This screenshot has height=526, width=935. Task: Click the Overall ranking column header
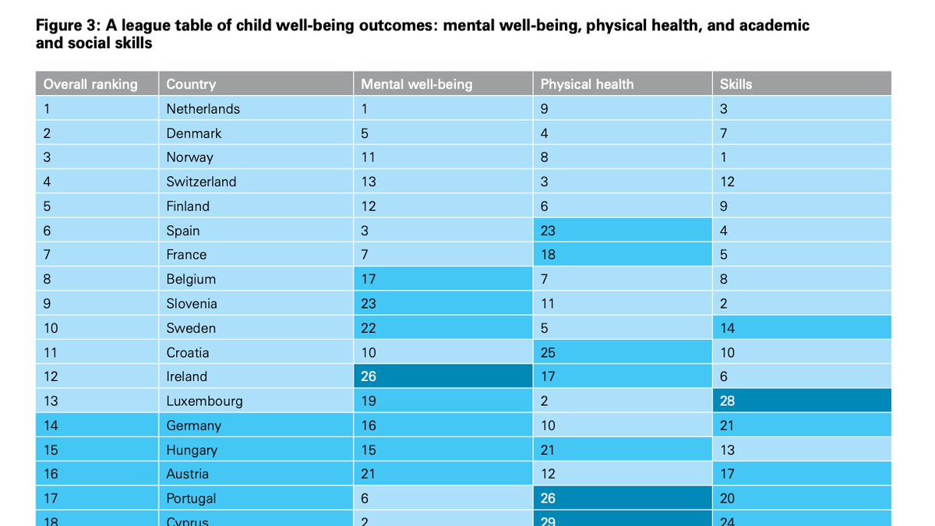90,84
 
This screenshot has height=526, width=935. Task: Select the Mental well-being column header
416,84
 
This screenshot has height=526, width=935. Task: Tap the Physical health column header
587,84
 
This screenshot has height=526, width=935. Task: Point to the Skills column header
736,84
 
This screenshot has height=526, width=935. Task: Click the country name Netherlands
203,109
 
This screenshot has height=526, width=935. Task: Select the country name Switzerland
201,182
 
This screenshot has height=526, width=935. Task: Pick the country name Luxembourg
204,401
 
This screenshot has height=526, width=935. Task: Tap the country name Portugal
191,499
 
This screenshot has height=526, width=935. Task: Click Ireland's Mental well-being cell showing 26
368,377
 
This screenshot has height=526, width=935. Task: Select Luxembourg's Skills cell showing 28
728,401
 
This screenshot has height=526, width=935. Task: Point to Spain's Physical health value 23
548,231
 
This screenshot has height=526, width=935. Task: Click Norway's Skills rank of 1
724,157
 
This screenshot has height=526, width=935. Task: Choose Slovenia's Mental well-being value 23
368,304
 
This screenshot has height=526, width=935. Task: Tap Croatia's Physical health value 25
548,353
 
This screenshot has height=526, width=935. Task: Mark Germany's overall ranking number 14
51,425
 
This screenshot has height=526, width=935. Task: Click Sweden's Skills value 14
728,328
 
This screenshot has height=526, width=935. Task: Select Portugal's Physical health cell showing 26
548,499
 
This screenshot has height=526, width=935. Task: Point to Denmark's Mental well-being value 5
365,133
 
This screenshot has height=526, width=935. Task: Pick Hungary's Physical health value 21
548,450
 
